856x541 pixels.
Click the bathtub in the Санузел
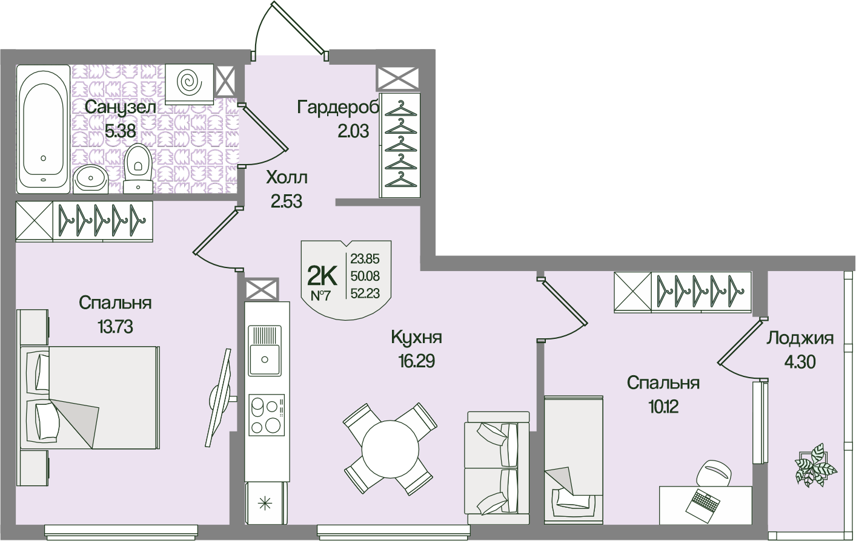pyautogui.click(x=42, y=128)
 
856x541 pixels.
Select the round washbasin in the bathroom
pyautogui.click(x=91, y=178)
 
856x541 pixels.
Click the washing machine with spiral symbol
pyautogui.click(x=189, y=82)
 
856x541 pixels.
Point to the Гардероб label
pyautogui.click(x=338, y=108)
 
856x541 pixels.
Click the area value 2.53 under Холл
pyautogui.click(x=287, y=202)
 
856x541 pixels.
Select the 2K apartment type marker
pyautogui.click(x=322, y=277)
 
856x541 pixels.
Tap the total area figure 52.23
pyautogui.click(x=365, y=293)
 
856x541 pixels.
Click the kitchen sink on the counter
pyautogui.click(x=265, y=351)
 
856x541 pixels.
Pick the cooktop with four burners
pyautogui.click(x=266, y=415)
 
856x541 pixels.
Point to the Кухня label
pyautogui.click(x=416, y=337)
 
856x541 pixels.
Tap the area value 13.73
pyautogui.click(x=115, y=327)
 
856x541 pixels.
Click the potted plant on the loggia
pyautogui.click(x=812, y=465)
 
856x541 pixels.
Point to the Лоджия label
pyautogui.click(x=800, y=338)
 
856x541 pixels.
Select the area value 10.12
pyautogui.click(x=663, y=407)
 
